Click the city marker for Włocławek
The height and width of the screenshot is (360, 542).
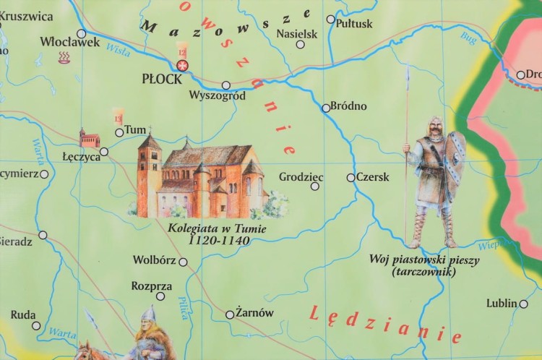[x=81, y=33]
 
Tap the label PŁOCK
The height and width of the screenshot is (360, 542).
[x=162, y=79]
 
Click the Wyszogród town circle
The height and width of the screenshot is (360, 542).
[x=226, y=85]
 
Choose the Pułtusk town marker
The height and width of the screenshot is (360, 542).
[x=331, y=20]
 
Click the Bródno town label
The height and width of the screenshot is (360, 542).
[x=349, y=106]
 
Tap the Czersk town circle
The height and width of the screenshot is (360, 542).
[x=351, y=177]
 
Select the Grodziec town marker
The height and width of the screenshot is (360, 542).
[x=314, y=187]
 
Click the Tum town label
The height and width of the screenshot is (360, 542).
[x=135, y=130]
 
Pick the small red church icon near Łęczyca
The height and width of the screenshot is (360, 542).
[x=90, y=138]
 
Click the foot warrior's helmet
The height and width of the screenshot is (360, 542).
[x=436, y=122]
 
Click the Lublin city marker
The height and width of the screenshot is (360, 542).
[x=523, y=304]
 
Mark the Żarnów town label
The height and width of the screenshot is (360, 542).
[x=255, y=313]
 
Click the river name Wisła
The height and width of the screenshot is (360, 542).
[x=118, y=50]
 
